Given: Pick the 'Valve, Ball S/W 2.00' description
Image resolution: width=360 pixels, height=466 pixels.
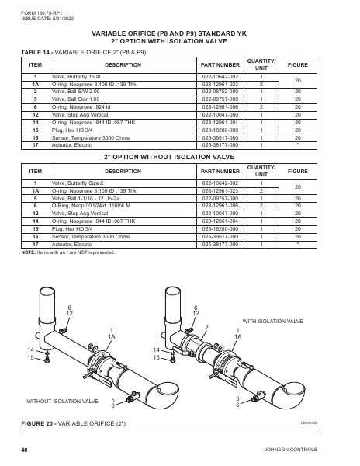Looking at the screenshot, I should [x=77, y=92].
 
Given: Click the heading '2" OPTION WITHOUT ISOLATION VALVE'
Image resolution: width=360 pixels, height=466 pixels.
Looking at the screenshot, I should [x=180, y=157].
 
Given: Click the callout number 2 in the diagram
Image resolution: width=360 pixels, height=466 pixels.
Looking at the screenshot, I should [x=206, y=327].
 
